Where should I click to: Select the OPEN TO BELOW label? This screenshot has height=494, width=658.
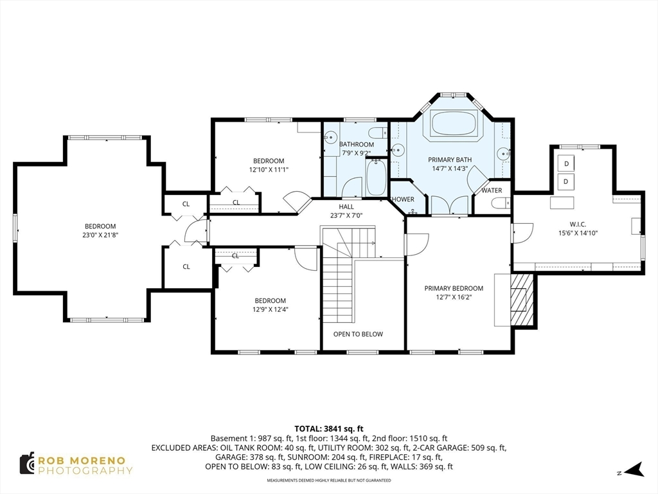tap(358, 334)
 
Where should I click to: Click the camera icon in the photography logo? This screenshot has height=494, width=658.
tap(26, 463)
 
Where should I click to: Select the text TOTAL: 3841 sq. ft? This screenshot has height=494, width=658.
tap(328, 428)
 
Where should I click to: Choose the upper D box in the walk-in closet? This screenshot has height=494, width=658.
tap(566, 164)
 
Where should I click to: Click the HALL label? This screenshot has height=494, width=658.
tap(346, 206)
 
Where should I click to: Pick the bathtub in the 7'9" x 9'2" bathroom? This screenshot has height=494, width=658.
tap(375, 178)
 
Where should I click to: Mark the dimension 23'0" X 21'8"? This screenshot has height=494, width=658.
tap(100, 235)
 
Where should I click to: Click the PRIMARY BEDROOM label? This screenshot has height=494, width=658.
tap(454, 288)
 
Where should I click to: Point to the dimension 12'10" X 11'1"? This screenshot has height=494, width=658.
tap(268, 170)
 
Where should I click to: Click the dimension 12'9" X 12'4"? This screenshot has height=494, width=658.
tap(270, 310)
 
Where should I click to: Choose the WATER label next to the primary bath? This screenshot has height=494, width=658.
tap(492, 190)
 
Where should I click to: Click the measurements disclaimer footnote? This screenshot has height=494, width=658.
tap(328, 479)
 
